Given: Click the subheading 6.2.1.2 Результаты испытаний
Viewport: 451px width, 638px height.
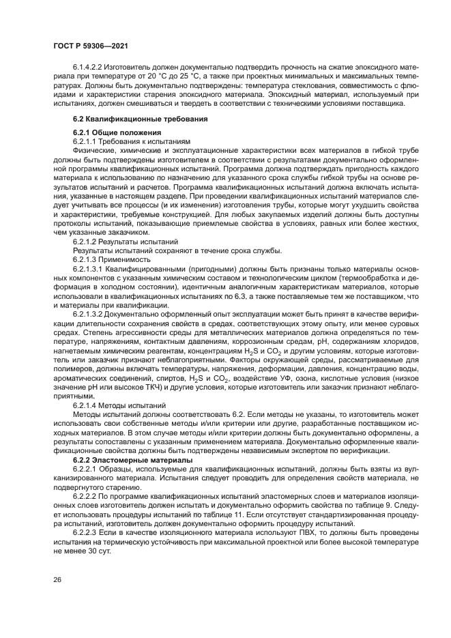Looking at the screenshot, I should point(126,242).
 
